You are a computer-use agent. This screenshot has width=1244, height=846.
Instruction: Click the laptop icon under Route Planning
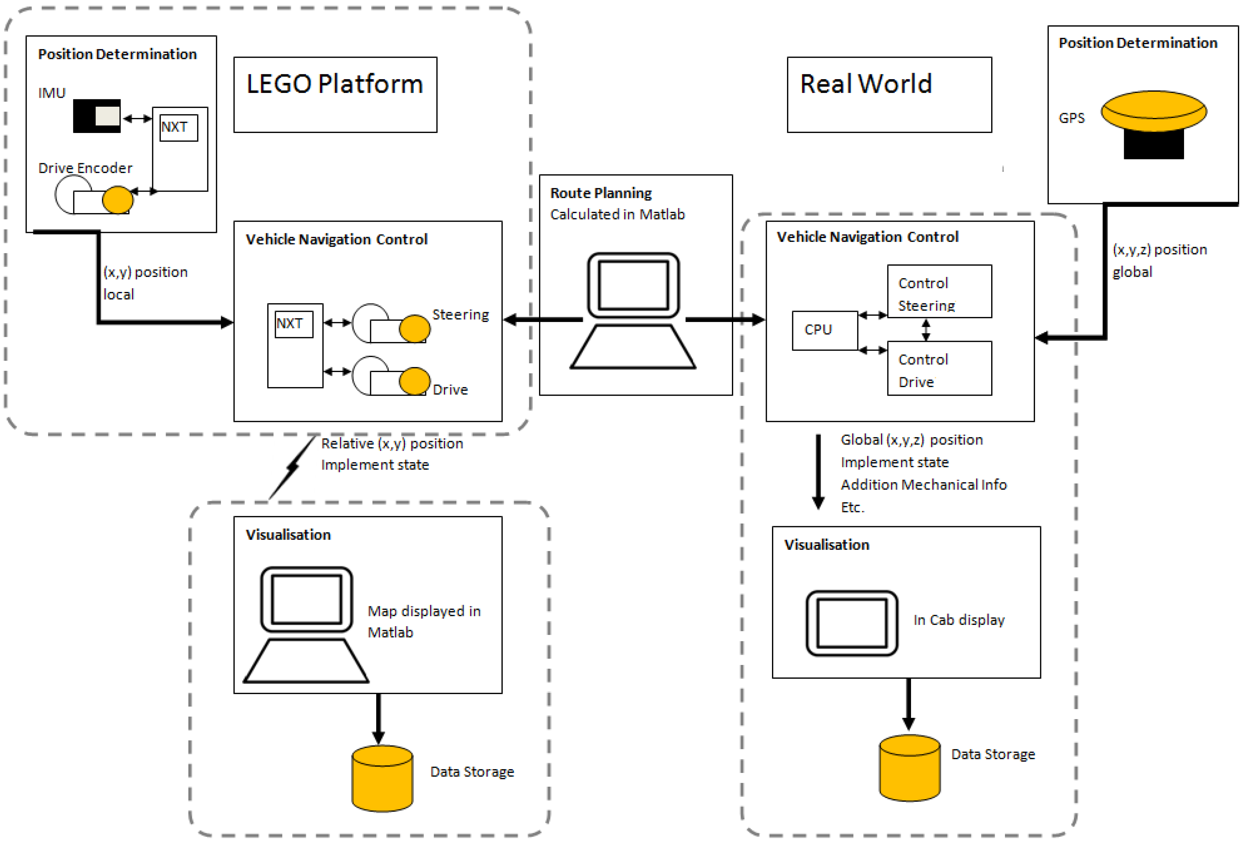(633, 311)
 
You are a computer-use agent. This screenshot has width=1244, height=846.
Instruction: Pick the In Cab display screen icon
(852, 623)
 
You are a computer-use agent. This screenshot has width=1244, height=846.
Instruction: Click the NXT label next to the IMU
(179, 128)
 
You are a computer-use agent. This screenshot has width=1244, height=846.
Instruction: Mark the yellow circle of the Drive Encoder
(117, 200)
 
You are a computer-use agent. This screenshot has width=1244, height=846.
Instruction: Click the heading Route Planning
(601, 193)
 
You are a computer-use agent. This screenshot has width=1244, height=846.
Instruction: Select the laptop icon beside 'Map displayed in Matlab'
(306, 624)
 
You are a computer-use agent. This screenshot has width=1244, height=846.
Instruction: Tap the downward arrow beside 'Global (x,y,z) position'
(818, 471)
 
